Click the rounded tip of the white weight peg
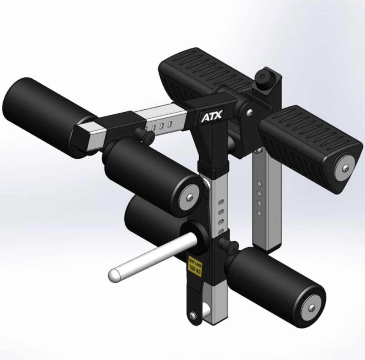113,275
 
